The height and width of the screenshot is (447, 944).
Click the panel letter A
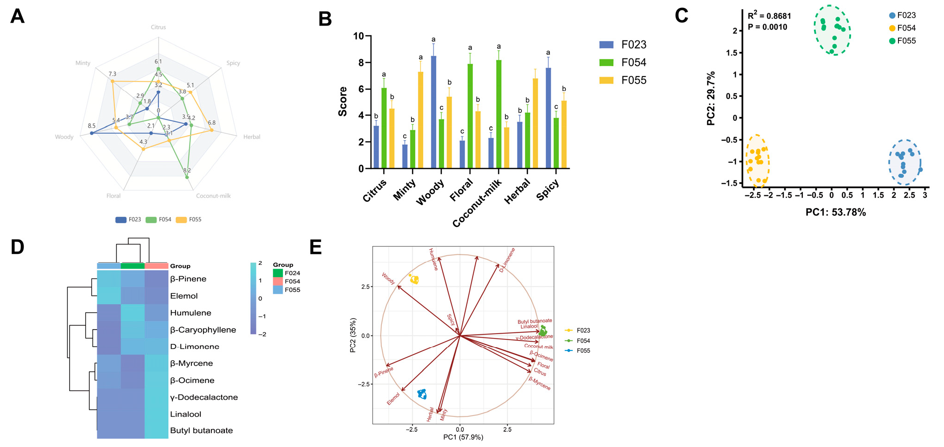(x=17, y=16)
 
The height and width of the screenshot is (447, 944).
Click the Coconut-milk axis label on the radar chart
(x=213, y=196)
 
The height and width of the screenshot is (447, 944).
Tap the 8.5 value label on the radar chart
(x=92, y=126)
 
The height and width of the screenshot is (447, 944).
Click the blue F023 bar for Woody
(x=433, y=112)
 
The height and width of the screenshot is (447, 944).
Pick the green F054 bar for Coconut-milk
(x=498, y=114)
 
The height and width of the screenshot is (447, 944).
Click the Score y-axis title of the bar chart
(x=343, y=101)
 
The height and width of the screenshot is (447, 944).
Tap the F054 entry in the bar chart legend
(x=633, y=63)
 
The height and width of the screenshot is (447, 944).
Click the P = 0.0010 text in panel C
(x=767, y=27)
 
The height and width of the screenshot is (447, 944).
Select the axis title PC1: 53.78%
(x=835, y=212)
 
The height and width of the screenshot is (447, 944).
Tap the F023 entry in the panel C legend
(x=906, y=15)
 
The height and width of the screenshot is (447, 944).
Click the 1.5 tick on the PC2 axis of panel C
(x=731, y=53)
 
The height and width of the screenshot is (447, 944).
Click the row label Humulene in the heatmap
(x=190, y=313)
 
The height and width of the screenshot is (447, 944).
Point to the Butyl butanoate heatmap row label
(x=201, y=430)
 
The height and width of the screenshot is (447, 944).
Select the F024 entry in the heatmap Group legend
(x=292, y=273)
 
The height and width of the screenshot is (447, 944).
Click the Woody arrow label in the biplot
(x=388, y=279)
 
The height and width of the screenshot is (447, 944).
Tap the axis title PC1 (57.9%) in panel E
(x=463, y=437)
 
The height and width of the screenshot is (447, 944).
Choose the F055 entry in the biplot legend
(x=583, y=350)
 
